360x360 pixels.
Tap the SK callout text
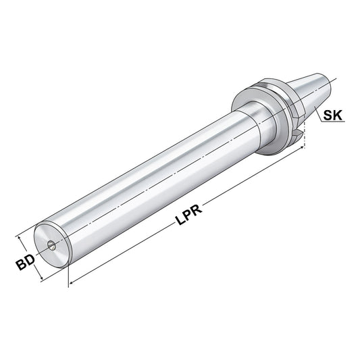point(332,115)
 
